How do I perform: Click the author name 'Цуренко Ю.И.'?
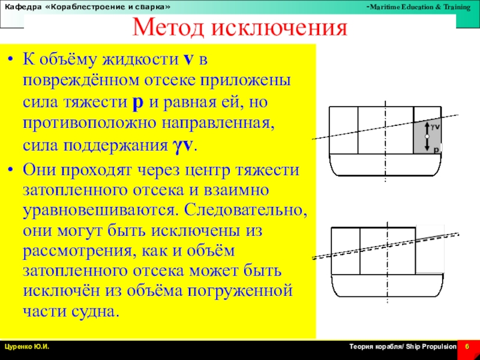27,347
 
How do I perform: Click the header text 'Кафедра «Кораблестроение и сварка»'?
88,6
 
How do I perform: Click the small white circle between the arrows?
427,137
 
